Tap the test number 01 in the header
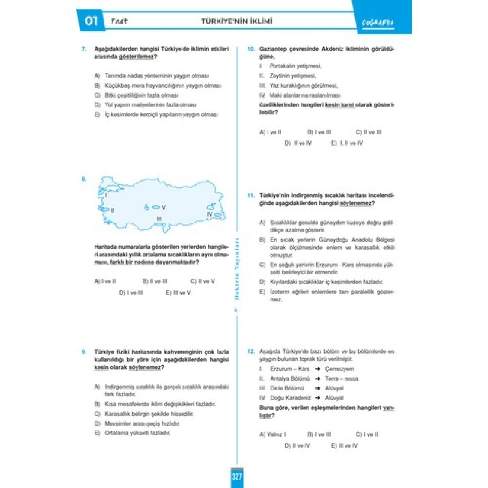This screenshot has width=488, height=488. (91, 21)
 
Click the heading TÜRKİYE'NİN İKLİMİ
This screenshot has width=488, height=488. (237, 21)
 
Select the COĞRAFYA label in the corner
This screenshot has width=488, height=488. (378, 23)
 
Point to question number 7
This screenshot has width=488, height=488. (84, 49)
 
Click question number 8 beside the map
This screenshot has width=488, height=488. (84, 179)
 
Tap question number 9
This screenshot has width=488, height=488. (84, 352)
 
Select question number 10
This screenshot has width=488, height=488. (250, 49)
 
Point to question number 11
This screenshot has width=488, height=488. (250, 196)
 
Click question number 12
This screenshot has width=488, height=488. (250, 352)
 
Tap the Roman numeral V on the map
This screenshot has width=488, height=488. (164, 208)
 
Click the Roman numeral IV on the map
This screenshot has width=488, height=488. (209, 214)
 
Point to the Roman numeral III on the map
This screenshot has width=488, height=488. (159, 219)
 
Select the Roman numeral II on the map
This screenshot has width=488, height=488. (113, 210)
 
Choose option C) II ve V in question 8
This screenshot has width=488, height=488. (202, 282)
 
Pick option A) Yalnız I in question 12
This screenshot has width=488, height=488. (273, 434)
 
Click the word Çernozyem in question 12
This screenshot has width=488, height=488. (339, 369)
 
